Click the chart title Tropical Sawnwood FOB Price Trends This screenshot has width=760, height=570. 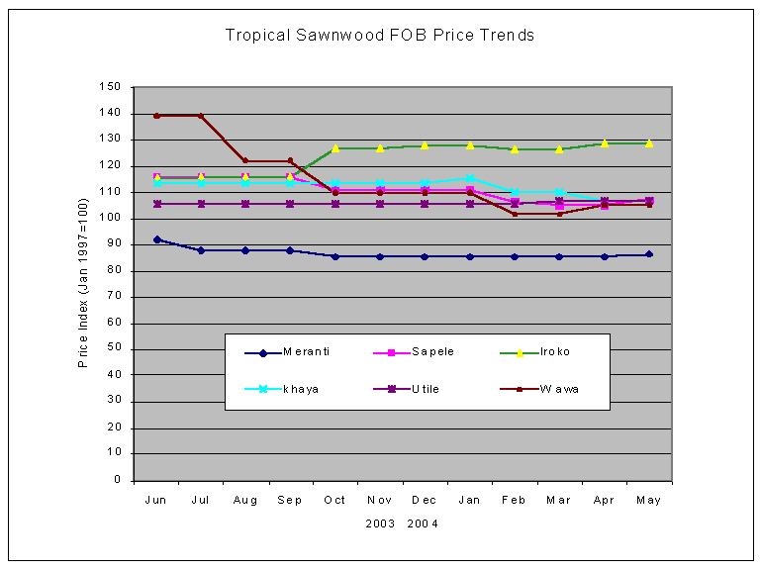380,36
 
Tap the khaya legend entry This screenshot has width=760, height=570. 302,389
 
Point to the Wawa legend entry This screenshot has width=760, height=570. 558,389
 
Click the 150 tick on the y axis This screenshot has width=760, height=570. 111,87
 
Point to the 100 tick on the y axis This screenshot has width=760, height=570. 111,218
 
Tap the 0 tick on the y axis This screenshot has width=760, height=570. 117,480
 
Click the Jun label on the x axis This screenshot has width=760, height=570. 156,501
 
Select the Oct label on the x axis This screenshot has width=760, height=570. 335,501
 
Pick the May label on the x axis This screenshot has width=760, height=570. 649,501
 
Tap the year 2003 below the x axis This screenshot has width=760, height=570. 381,524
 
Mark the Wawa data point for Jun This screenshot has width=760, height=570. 156,116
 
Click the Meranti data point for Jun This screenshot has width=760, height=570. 156,239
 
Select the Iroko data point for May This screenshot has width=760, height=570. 649,143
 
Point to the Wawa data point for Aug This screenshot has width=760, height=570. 245,160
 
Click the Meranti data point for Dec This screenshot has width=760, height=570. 425,256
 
